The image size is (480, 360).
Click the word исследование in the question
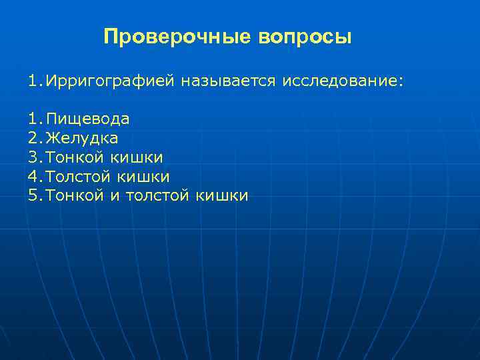click(x=343, y=81)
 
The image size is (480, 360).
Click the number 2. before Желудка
click(x=35, y=139)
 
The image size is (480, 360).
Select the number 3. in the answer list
click(x=35, y=157)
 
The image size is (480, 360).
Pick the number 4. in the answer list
click(x=35, y=177)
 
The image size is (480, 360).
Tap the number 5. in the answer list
click(x=35, y=196)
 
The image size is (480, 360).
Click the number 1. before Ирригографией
click(x=35, y=81)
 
